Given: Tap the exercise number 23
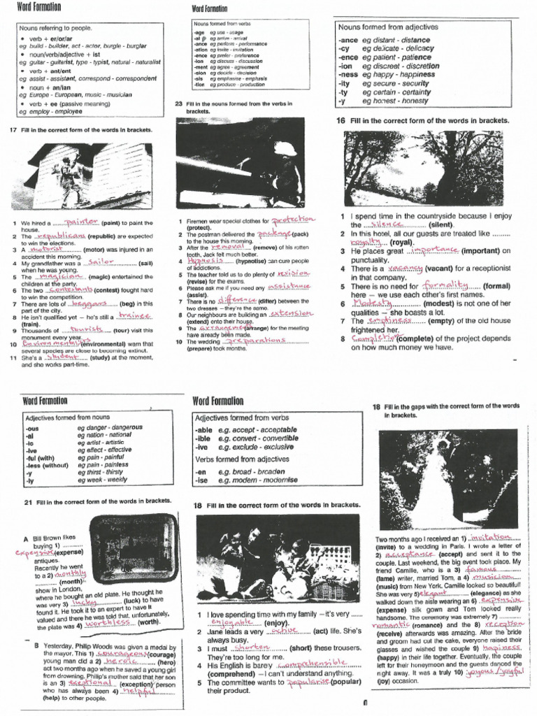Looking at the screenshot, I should [178, 104].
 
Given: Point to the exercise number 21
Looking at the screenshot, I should [28, 502].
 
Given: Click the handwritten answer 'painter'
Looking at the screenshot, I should [82, 222].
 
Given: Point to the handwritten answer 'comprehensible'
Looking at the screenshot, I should [317, 662].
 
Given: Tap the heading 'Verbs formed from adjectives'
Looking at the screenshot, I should [241, 459].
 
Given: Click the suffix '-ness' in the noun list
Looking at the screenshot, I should [348, 74].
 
